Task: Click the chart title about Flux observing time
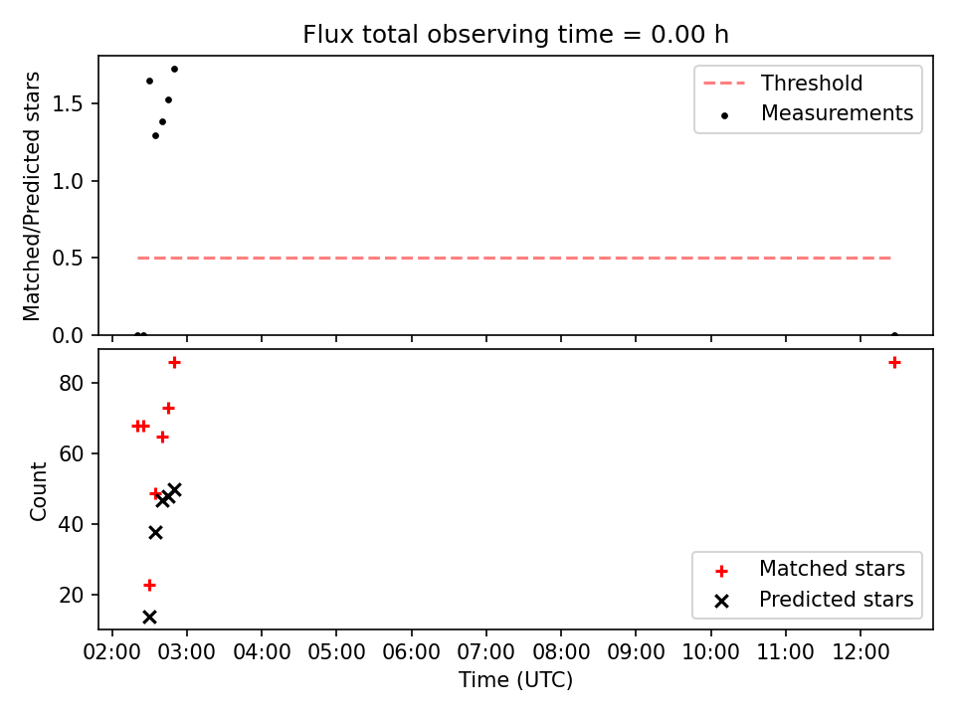[515, 35]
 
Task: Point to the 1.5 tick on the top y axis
[67, 104]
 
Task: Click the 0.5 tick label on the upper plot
[67, 259]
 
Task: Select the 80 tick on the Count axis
[71, 383]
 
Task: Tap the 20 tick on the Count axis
[71, 595]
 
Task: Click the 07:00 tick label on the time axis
[486, 652]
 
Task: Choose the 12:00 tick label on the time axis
[859, 652]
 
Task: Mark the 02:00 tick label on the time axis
[112, 652]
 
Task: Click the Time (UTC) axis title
[515, 679]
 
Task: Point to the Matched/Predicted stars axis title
[32, 196]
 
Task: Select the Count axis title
[38, 491]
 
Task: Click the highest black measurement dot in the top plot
[174, 69]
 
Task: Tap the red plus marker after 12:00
[894, 363]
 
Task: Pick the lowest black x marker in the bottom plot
[149, 617]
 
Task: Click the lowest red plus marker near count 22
[149, 585]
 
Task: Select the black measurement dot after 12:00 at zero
[894, 334]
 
